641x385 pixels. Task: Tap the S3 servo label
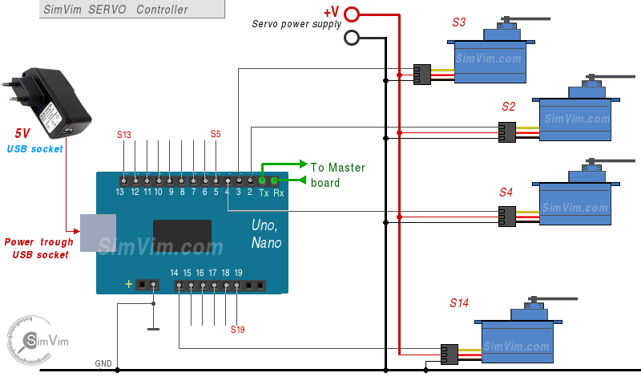coord(458,22)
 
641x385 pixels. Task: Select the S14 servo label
coord(458,303)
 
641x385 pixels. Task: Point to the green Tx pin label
coord(263,192)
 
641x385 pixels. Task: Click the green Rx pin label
coord(278,192)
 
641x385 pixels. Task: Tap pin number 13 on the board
coord(119,192)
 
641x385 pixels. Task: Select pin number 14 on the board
coord(175,273)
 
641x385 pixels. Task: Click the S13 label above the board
coord(123,134)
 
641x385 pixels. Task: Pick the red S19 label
coord(238,329)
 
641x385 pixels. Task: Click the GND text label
coord(103,363)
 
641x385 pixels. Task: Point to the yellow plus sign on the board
coord(128,284)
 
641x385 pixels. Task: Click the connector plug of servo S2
coord(506,132)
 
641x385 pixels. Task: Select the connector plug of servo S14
coord(449,354)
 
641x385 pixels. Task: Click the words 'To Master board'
coord(337,175)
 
